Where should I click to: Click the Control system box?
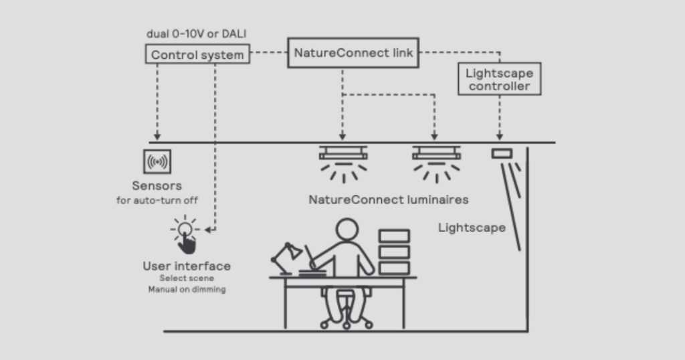coord(197,54)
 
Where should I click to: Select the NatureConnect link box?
coord(353,52)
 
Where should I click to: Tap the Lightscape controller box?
coord(499,79)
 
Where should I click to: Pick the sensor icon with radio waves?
coord(158,162)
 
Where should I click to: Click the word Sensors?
coord(157,185)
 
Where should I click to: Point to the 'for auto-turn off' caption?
coord(157,200)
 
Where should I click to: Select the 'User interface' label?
coord(187,266)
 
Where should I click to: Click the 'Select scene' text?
coord(186,278)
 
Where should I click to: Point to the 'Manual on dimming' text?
coord(187,290)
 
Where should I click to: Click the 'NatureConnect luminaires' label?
coord(388,199)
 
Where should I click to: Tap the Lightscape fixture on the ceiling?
coord(501,154)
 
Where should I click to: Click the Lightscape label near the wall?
coord(472,228)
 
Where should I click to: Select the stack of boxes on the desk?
coord(394,252)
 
